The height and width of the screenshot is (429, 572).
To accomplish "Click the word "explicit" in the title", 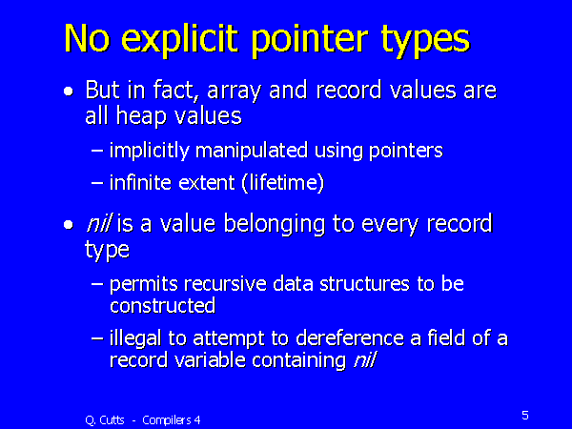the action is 179,40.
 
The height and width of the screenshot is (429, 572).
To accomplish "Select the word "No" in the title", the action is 87,38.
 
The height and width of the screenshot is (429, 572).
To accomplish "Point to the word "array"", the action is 235,91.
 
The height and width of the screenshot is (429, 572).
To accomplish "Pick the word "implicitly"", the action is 150,151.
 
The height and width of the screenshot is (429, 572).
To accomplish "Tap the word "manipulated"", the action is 252,151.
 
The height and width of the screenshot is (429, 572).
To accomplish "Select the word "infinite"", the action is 141,182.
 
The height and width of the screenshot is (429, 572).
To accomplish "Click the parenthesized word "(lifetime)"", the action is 283,182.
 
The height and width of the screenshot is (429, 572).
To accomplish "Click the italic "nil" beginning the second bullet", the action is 98,223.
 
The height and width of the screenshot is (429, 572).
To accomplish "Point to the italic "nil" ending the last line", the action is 364,360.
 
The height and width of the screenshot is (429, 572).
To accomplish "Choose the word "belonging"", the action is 274,225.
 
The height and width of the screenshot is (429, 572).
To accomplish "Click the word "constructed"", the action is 163,306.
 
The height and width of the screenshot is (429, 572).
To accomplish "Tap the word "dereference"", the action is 350,337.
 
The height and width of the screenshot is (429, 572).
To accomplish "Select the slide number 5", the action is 525,415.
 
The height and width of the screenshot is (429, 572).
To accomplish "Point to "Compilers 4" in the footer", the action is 171,420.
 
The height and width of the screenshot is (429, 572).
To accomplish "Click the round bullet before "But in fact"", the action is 69,91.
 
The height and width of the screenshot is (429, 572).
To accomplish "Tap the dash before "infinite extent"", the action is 96,182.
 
